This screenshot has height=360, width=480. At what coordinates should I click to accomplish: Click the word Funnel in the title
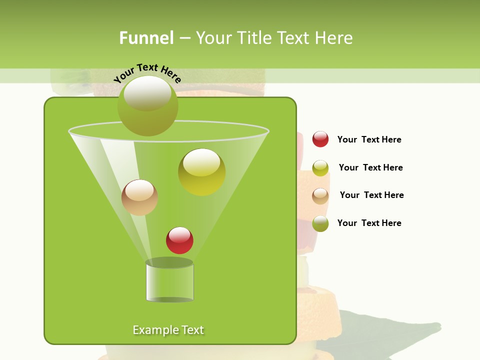(146, 38)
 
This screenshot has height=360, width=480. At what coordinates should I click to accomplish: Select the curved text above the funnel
(147, 73)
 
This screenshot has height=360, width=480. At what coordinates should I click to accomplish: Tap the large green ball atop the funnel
(148, 105)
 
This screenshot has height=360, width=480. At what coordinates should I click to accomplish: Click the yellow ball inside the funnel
(201, 172)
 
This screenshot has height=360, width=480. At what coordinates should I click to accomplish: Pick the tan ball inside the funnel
(139, 197)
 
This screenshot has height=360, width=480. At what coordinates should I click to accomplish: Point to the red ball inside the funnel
(179, 240)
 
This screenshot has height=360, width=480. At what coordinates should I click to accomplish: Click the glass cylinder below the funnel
(169, 283)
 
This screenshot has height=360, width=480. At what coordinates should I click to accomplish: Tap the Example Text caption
(168, 330)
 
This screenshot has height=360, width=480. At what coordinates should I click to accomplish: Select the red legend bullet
(320, 139)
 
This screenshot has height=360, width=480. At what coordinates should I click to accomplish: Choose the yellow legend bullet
(320, 168)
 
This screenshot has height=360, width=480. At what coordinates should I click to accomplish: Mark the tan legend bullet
(320, 196)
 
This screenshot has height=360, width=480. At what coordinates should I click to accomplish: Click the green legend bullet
(320, 223)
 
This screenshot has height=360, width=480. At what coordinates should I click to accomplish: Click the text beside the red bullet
(369, 139)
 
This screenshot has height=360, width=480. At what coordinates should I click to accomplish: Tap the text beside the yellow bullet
(370, 167)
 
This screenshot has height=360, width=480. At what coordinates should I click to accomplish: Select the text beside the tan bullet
(371, 195)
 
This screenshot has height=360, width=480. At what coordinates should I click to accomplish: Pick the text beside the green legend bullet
(369, 223)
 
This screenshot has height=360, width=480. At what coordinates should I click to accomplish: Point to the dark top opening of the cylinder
(169, 262)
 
